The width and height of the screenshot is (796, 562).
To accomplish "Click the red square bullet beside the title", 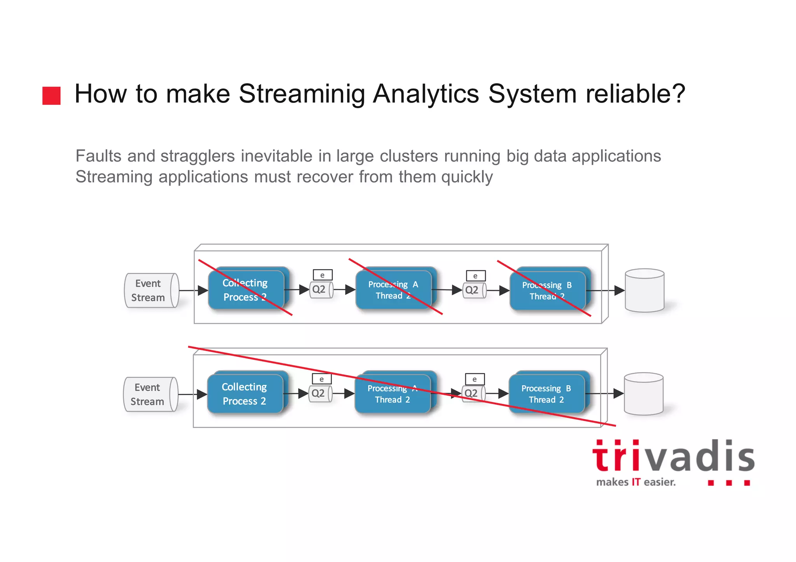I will tap(51, 96).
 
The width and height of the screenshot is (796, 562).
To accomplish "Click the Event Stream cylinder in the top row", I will tap(151, 291).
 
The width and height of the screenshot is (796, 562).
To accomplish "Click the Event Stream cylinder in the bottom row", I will tap(150, 394).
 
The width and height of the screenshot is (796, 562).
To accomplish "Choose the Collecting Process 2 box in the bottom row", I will tap(245, 393).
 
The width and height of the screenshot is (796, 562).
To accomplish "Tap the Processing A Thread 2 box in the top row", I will tap(393, 290).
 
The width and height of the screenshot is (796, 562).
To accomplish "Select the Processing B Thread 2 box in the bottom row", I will tap(546, 393).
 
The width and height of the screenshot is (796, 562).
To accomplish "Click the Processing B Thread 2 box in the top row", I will tap(547, 290).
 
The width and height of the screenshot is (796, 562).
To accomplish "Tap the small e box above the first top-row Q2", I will tap(323, 275).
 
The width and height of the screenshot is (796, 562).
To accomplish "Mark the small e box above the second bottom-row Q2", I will tap(475, 379).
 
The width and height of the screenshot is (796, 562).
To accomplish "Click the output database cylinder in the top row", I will tap(644, 290).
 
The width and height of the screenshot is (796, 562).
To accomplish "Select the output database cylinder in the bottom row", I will tap(643, 394).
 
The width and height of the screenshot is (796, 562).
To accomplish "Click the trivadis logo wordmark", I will tap(673, 457).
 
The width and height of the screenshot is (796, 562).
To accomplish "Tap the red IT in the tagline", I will tap(636, 482).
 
